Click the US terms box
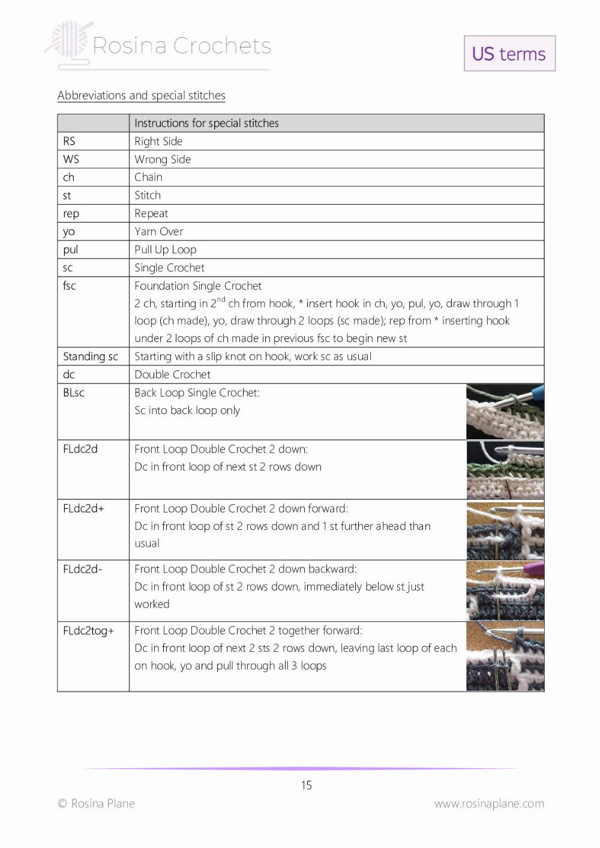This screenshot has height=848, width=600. click(509, 53)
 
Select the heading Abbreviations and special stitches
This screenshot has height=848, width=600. click(142, 95)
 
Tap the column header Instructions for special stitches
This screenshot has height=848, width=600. click(206, 123)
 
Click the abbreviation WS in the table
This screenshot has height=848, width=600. click(71, 159)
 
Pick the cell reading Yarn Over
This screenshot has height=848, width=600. click(159, 231)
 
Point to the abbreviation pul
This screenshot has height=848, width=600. click(70, 249)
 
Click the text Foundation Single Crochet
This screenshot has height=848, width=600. click(198, 286)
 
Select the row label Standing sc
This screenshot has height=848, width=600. click(91, 356)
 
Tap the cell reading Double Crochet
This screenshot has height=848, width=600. click(173, 374)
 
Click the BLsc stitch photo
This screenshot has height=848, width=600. click(505, 412)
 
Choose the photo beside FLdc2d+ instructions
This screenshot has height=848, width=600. click(505, 531)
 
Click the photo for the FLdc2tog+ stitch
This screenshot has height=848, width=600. click(505, 656)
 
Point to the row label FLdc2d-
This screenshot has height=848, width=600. click(83, 569)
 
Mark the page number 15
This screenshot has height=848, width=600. click(306, 785)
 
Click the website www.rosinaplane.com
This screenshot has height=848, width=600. click(489, 804)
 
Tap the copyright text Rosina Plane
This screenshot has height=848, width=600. click(96, 804)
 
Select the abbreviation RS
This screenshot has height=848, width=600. click(69, 141)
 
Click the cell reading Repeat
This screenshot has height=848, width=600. click(151, 213)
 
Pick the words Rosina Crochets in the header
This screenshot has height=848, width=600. click(182, 46)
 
